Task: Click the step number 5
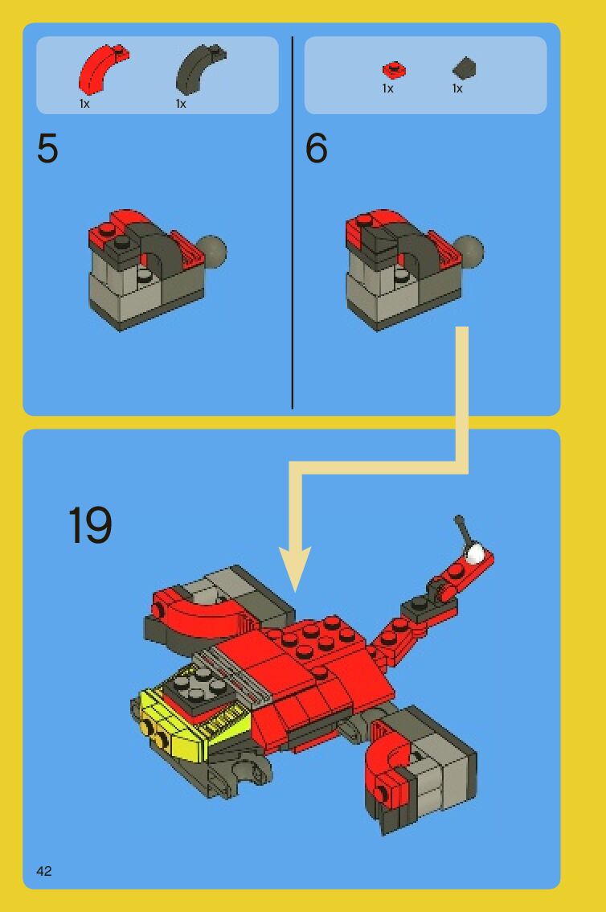(47, 148)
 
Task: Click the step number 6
(316, 148)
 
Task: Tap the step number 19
(90, 524)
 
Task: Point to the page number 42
(44, 871)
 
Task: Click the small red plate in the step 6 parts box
(394, 71)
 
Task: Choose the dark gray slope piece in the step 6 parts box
(465, 68)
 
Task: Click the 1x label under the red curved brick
(85, 104)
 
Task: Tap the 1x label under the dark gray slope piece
(457, 88)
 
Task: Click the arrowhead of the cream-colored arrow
(295, 567)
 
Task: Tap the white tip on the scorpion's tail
(475, 553)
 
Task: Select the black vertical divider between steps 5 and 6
(293, 222)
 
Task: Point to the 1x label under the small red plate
(387, 88)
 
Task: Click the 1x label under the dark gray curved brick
(182, 104)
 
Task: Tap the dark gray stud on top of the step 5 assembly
(122, 241)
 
